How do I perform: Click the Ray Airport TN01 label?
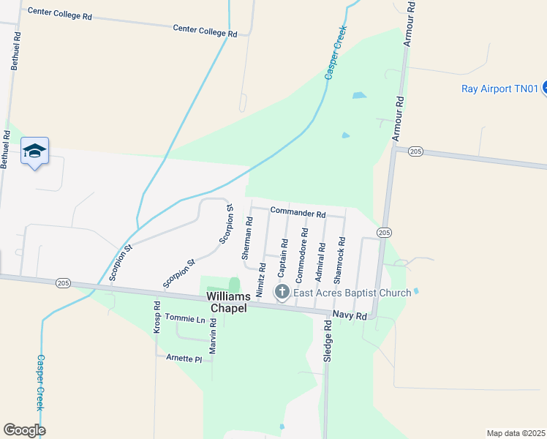pyautogui.click(x=499, y=89)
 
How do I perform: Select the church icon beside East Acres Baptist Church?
pyautogui.click(x=282, y=293)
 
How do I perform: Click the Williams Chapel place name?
pyautogui.click(x=229, y=302)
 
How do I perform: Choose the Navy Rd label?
pyautogui.click(x=348, y=314)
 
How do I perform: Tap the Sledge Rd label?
pyautogui.click(x=328, y=344)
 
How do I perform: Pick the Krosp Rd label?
pyautogui.click(x=157, y=317)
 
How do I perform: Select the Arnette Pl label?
pyautogui.click(x=184, y=359)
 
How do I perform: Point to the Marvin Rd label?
pyautogui.click(x=213, y=337)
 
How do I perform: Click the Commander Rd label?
pyautogui.click(x=298, y=213)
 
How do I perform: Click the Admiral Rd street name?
pyautogui.click(x=320, y=258)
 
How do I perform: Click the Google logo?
pyautogui.click(x=24, y=430)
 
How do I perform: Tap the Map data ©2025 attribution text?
pyautogui.click(x=516, y=433)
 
